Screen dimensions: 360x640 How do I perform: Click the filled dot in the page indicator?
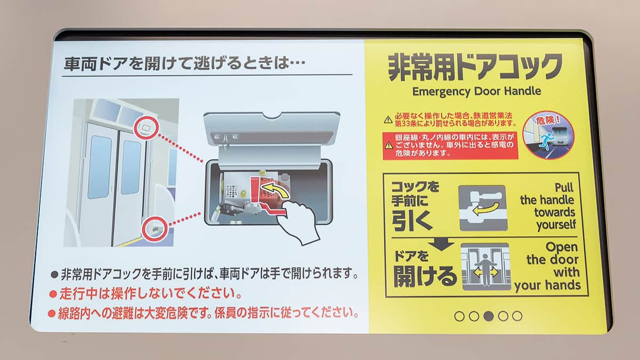(x=488, y=316)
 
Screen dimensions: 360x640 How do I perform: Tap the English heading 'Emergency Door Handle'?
(x=477, y=91)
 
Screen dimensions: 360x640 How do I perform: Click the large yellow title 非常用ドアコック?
(x=475, y=67)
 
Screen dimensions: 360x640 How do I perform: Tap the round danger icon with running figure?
(x=548, y=135)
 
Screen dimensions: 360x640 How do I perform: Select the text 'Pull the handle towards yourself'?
(x=548, y=206)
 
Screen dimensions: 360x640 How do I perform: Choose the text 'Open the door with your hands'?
(x=548, y=266)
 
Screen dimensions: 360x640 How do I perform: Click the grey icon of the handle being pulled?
(x=483, y=207)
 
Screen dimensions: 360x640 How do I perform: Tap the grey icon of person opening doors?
(x=485, y=267)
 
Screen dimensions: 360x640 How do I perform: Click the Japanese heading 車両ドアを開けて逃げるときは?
(x=184, y=65)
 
